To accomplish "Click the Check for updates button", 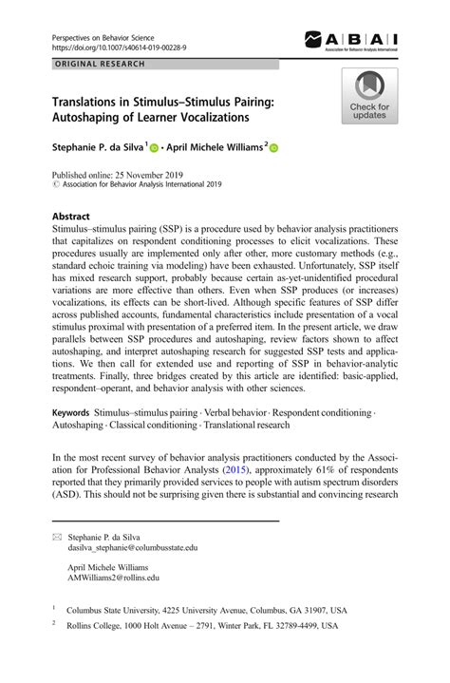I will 370,97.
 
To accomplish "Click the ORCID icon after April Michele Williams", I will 275,148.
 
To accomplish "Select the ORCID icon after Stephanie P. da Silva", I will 155,148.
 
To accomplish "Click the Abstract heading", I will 70,216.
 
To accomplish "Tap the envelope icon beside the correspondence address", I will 58,538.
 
